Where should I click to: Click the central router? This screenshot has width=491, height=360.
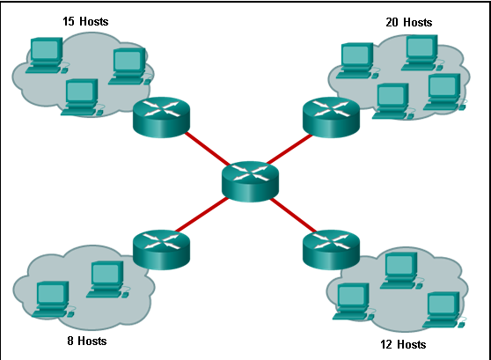[250, 181]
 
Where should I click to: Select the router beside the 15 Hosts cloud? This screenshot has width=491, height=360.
[161, 117]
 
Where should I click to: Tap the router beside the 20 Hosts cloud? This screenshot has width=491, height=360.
[331, 117]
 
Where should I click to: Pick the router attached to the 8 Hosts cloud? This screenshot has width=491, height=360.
[161, 250]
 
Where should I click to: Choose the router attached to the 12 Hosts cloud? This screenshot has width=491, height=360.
[331, 250]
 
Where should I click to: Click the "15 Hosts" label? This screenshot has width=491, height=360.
[85, 21]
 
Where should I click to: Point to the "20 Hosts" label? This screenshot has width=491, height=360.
[409, 22]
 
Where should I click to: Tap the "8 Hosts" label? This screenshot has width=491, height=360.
[87, 341]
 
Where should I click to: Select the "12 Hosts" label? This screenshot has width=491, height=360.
[403, 344]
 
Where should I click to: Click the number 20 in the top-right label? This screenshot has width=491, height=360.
[392, 22]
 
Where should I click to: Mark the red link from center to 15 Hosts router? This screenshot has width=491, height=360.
[208, 149]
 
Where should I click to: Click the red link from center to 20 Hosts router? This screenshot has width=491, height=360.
[289, 149]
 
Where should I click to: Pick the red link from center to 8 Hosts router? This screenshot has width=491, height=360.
[202, 215]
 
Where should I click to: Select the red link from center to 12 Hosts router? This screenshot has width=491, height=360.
[293, 216]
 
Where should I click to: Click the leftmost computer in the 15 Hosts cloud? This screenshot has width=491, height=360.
[47, 55]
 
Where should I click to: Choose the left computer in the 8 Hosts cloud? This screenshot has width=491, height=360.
[53, 299]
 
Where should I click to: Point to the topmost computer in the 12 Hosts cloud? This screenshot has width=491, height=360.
[401, 271]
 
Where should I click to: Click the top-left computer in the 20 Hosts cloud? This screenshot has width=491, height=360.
[357, 61]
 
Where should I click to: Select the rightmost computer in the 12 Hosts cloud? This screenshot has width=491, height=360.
[444, 310]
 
